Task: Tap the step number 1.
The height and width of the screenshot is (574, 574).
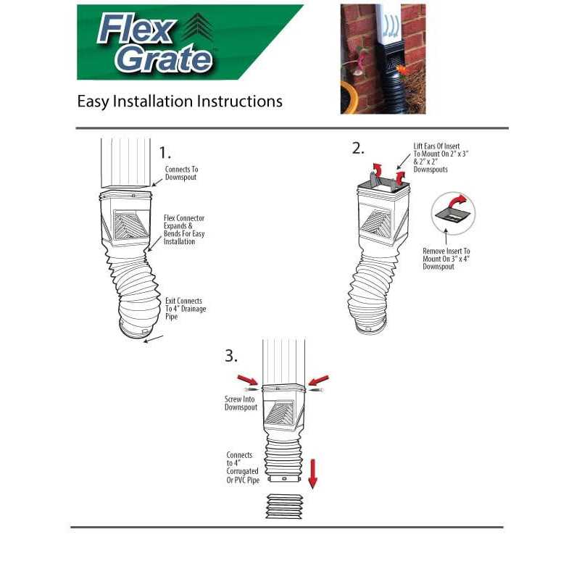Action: click(165, 152)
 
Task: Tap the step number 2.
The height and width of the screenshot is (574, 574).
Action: click(358, 149)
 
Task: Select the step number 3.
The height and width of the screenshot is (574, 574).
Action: click(230, 356)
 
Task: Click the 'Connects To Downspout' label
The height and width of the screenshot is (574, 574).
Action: click(181, 173)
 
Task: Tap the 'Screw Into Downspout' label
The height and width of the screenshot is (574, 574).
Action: click(241, 404)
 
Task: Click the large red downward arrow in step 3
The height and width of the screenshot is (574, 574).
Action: click(312, 473)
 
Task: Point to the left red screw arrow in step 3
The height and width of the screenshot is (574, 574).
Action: click(248, 380)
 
